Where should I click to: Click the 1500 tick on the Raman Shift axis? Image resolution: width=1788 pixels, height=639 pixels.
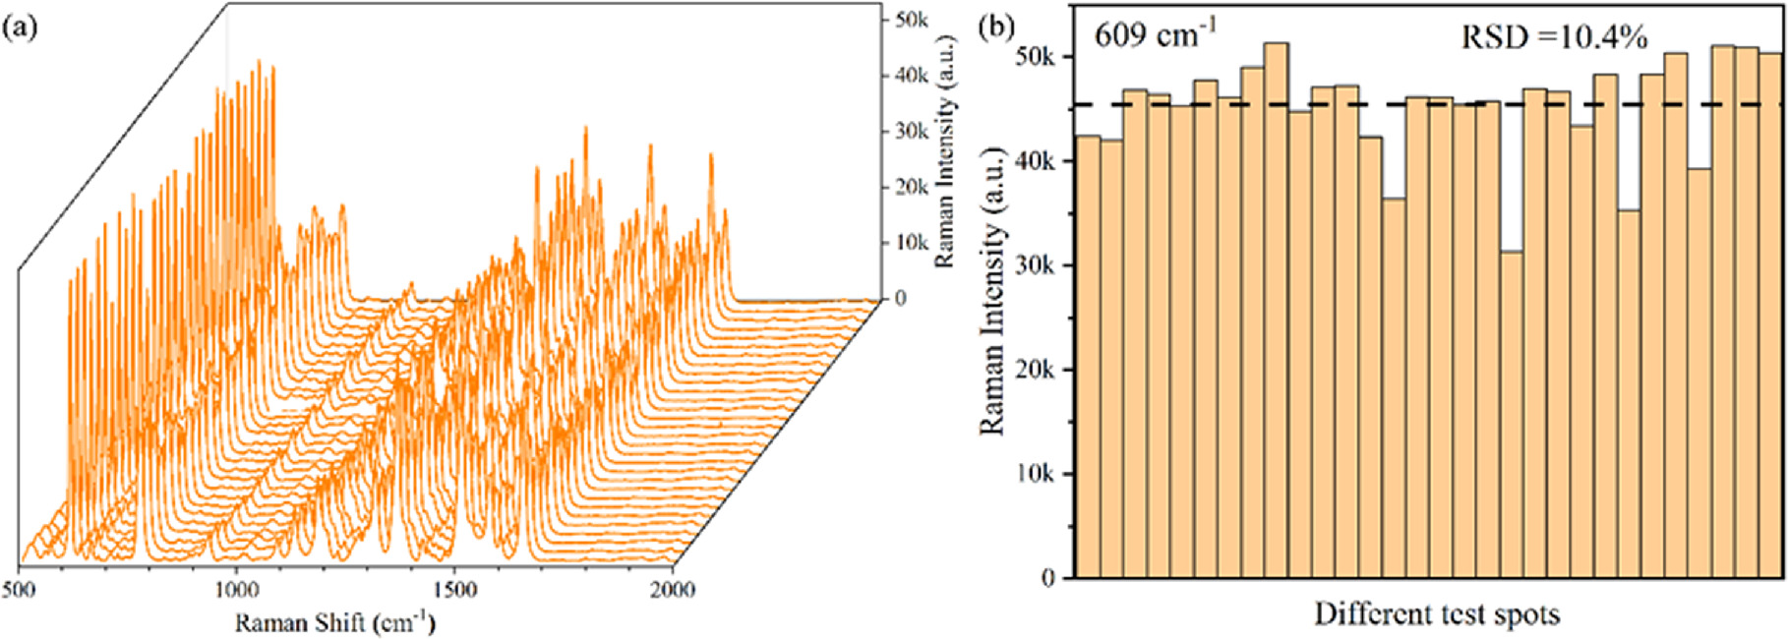click(x=454, y=589)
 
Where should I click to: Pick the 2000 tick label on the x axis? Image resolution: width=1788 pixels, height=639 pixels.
click(x=673, y=589)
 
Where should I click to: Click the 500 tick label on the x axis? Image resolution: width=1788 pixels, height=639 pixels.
click(x=20, y=589)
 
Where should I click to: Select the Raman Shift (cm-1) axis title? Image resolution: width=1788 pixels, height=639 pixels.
click(x=334, y=622)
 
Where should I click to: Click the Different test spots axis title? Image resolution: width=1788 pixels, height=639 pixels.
click(x=1437, y=615)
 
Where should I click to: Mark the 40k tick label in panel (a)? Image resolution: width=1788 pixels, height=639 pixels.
click(x=910, y=76)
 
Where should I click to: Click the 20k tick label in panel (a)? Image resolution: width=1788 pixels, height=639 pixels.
click(x=910, y=187)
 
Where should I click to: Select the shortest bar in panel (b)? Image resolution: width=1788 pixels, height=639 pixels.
click(x=1511, y=413)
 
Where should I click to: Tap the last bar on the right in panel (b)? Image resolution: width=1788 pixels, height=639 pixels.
click(x=1769, y=315)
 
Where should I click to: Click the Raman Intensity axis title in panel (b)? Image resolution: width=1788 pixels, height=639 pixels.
click(x=993, y=291)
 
